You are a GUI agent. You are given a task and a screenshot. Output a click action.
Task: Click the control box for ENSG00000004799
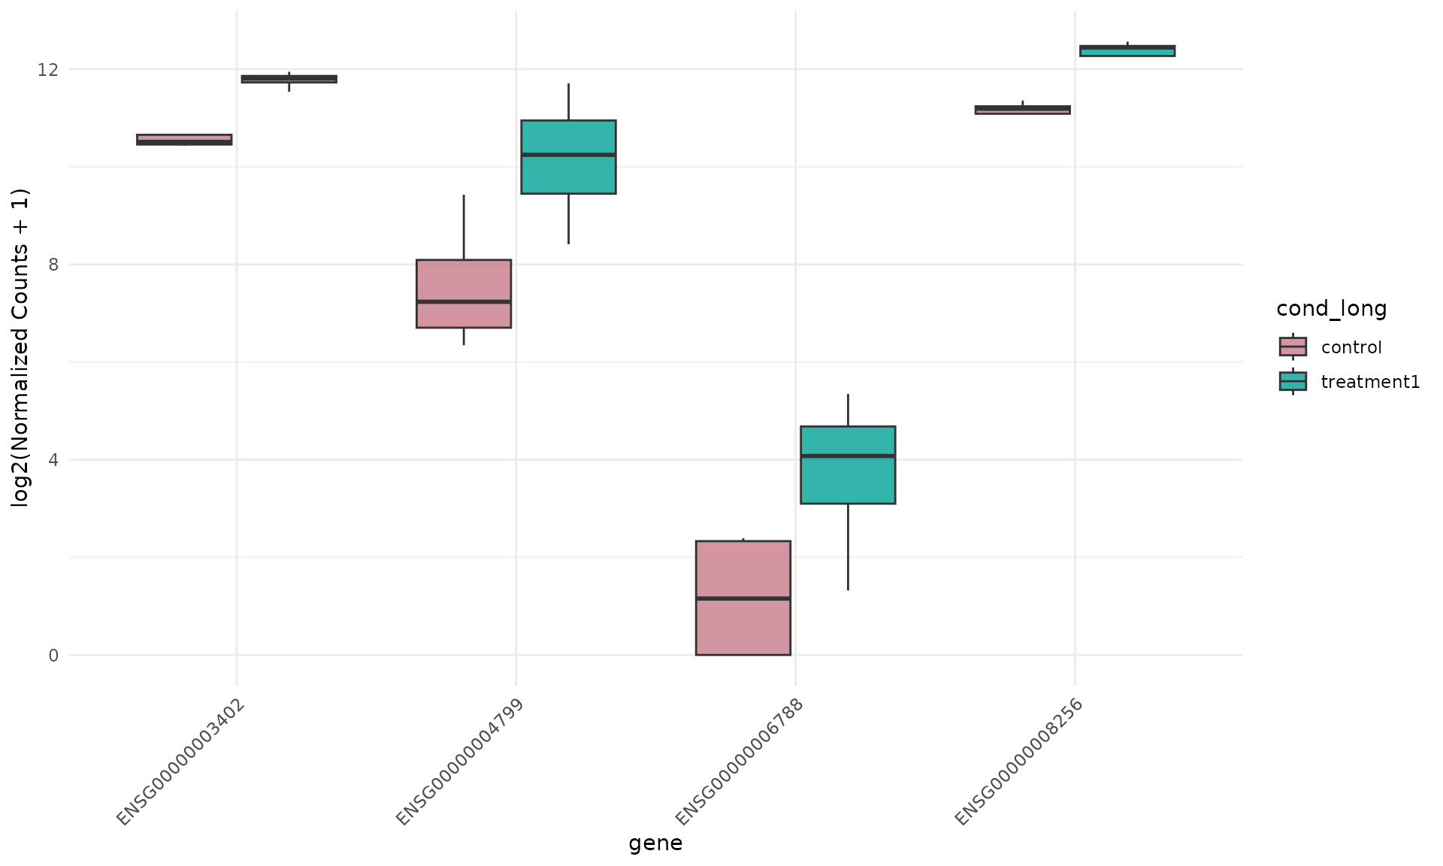tap(464, 293)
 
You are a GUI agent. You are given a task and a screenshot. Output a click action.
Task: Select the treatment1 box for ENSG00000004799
tap(568, 156)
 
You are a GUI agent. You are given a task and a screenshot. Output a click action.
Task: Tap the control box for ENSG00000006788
tap(743, 598)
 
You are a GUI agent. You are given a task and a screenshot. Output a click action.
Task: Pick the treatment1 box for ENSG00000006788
tap(848, 465)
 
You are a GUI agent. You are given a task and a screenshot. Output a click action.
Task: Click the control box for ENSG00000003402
tap(184, 139)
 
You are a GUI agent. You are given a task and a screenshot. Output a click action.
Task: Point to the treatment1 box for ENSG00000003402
tap(289, 79)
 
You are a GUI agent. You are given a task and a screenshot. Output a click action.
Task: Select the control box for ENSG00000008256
tap(1022, 110)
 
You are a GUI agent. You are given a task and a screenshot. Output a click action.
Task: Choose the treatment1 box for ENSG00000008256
tap(1127, 50)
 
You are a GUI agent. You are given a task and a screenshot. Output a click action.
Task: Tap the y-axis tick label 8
tap(53, 265)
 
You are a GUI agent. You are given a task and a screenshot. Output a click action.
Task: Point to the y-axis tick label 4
tap(53, 459)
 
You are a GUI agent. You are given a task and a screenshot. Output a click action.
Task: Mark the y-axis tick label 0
tap(53, 655)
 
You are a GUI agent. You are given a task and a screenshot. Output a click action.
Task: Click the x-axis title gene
tap(655, 843)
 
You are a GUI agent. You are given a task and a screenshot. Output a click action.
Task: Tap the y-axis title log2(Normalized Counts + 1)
tap(20, 348)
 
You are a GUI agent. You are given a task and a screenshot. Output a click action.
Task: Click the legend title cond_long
tap(1331, 308)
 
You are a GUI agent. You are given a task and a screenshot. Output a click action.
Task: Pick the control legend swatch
tap(1293, 347)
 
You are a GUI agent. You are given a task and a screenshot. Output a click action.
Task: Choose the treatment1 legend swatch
tap(1293, 381)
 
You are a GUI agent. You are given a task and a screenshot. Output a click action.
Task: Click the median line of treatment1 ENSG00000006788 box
tap(848, 456)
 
